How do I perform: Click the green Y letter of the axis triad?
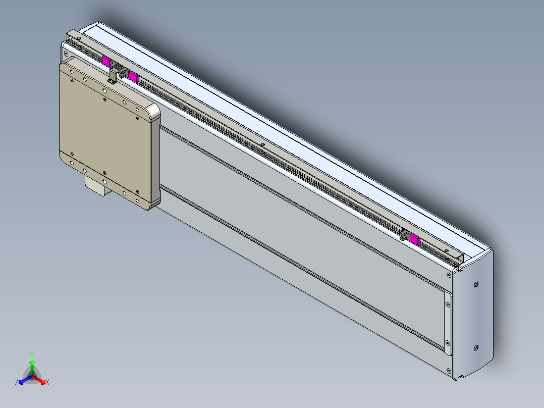pos(31,354)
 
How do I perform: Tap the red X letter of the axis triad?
pos(47,382)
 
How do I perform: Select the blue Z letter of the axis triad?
pos(17,382)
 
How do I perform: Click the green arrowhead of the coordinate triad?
pos(32,363)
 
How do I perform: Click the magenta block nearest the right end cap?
pos(415,239)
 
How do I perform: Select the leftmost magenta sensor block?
pos(106,61)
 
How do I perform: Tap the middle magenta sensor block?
pos(134,76)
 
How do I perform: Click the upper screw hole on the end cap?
pos(476,285)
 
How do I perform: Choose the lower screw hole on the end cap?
pos(476,347)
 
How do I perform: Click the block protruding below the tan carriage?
pos(98,185)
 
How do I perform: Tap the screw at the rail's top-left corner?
pos(65,53)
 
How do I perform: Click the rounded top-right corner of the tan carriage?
pos(153,112)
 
